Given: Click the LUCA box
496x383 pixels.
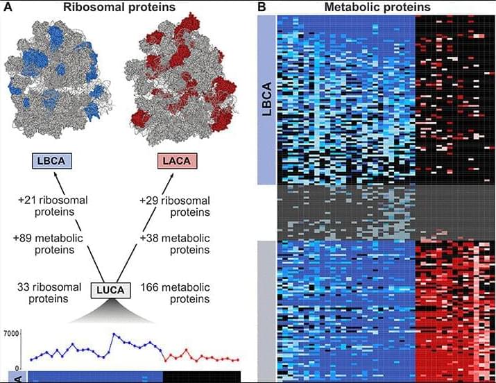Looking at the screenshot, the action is [x=111, y=290].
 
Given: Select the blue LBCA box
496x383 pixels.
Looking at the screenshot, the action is [x=52, y=161].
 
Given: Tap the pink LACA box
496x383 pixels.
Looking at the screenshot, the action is [x=177, y=161].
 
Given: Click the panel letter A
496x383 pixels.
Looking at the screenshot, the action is [x=7, y=7].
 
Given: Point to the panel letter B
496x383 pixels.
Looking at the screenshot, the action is [x=262, y=7].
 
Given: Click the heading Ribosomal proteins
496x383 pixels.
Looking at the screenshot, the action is [x=119, y=7].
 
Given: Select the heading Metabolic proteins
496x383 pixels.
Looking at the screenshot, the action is [x=377, y=7].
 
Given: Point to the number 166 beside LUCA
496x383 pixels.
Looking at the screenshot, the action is [x=149, y=287].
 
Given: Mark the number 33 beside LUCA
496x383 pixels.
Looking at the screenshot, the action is [x=23, y=287].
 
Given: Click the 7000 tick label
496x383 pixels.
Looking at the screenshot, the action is [x=11, y=333].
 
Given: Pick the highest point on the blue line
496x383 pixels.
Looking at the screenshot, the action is [x=114, y=334].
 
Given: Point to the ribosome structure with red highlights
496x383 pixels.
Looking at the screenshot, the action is [x=181, y=79].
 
